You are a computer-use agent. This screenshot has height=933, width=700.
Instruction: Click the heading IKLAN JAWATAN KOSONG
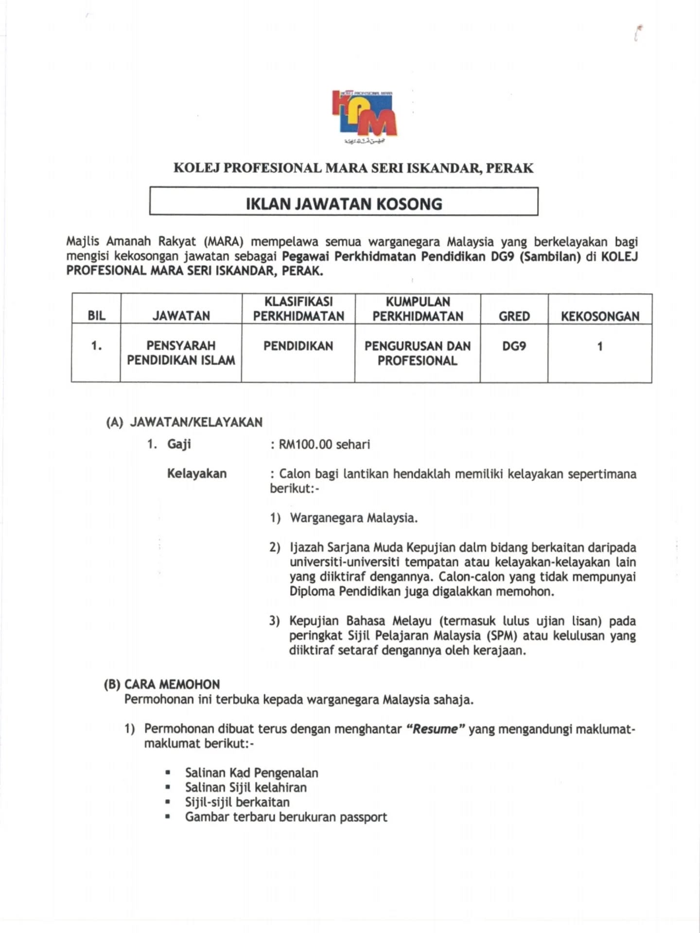344,203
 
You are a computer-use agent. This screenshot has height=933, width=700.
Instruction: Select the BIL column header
96,316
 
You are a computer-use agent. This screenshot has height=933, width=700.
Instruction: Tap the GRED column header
514,316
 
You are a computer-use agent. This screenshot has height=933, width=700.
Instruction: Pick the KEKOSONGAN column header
600,316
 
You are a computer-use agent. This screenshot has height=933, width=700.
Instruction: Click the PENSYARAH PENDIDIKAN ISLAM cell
181,353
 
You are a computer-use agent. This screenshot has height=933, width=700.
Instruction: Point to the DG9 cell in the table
514,346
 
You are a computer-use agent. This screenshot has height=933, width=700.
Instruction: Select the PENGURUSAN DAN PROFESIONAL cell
417,353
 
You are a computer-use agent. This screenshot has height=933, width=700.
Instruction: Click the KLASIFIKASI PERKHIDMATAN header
298,309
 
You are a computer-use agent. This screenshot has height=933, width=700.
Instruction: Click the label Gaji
179,444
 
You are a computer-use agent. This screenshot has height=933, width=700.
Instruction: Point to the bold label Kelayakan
197,473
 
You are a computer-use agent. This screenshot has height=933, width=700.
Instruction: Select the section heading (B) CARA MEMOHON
162,684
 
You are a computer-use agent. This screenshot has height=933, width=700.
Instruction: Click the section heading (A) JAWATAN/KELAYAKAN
184,422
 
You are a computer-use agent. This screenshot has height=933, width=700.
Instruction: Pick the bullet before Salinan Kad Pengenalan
168,773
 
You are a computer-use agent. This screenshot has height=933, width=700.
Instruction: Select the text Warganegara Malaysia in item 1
353,518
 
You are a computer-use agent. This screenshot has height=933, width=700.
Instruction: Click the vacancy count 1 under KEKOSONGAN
600,346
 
